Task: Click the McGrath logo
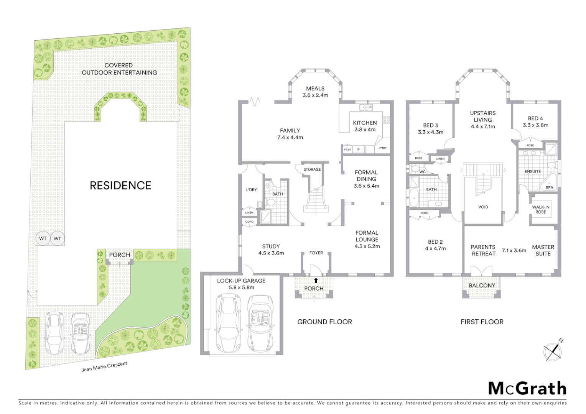527,388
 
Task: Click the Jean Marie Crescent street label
104,367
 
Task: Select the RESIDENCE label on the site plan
120,186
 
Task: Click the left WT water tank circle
43,238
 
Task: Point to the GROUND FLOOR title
324,322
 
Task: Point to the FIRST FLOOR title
482,322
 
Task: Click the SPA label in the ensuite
549,188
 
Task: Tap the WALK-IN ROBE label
541,209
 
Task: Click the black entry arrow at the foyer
316,280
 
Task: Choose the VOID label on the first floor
483,207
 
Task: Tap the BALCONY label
482,286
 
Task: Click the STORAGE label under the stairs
312,169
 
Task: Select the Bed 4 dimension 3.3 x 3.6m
535,125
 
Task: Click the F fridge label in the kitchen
359,149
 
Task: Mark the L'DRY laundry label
251,190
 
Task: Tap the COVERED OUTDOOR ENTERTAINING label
119,69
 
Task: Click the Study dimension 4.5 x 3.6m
271,253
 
